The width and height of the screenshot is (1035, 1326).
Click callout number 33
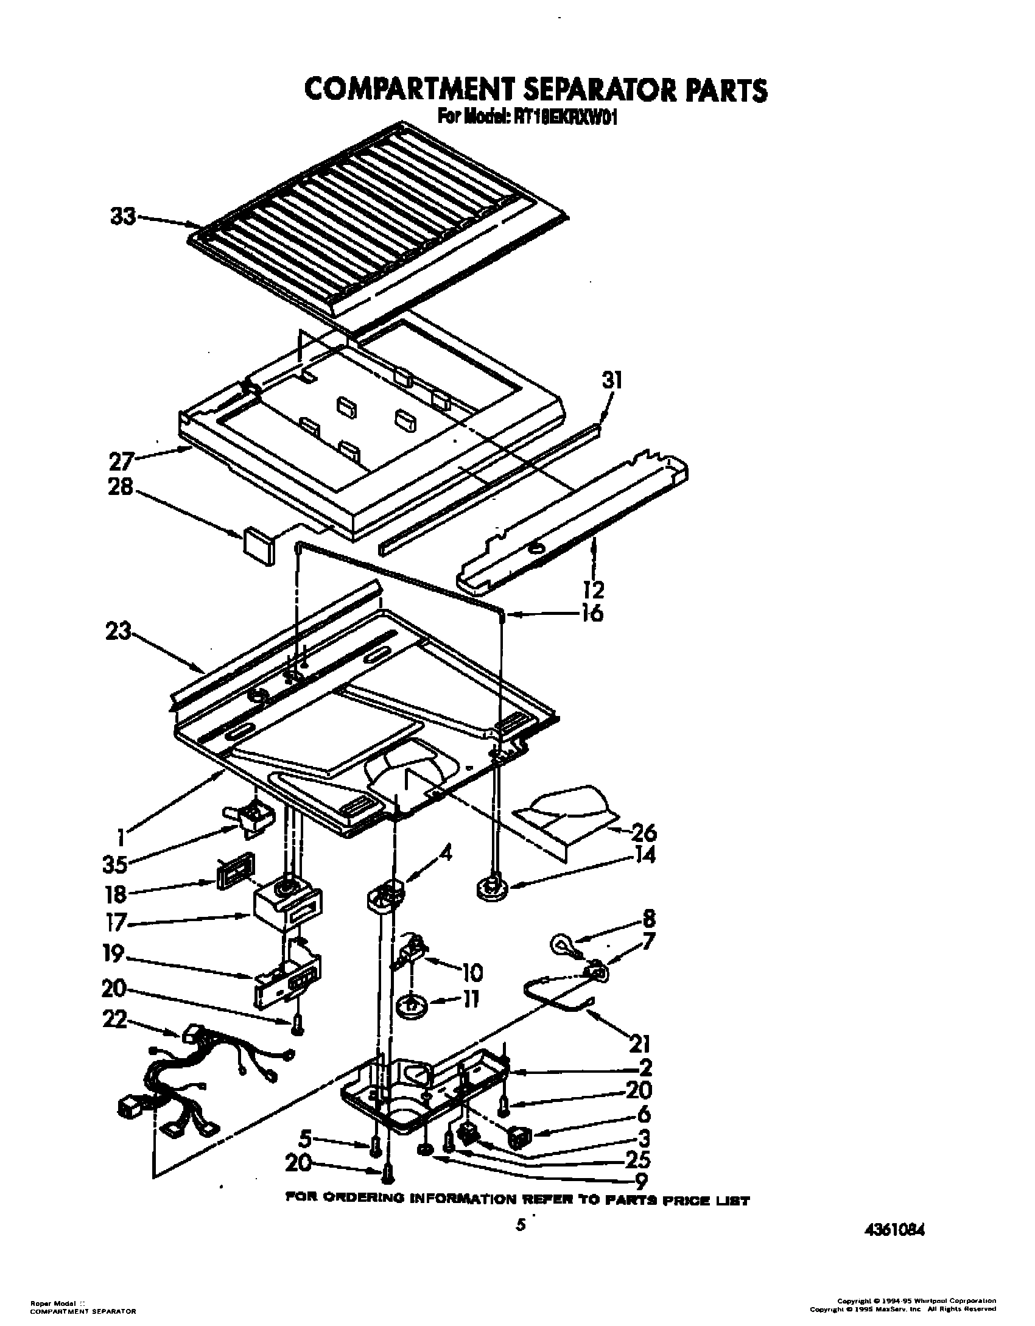[123, 217]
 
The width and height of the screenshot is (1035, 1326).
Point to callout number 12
[594, 589]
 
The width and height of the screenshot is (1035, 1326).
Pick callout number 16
[592, 612]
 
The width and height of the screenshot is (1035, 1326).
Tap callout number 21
[638, 1044]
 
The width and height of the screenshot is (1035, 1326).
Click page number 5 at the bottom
[519, 1224]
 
